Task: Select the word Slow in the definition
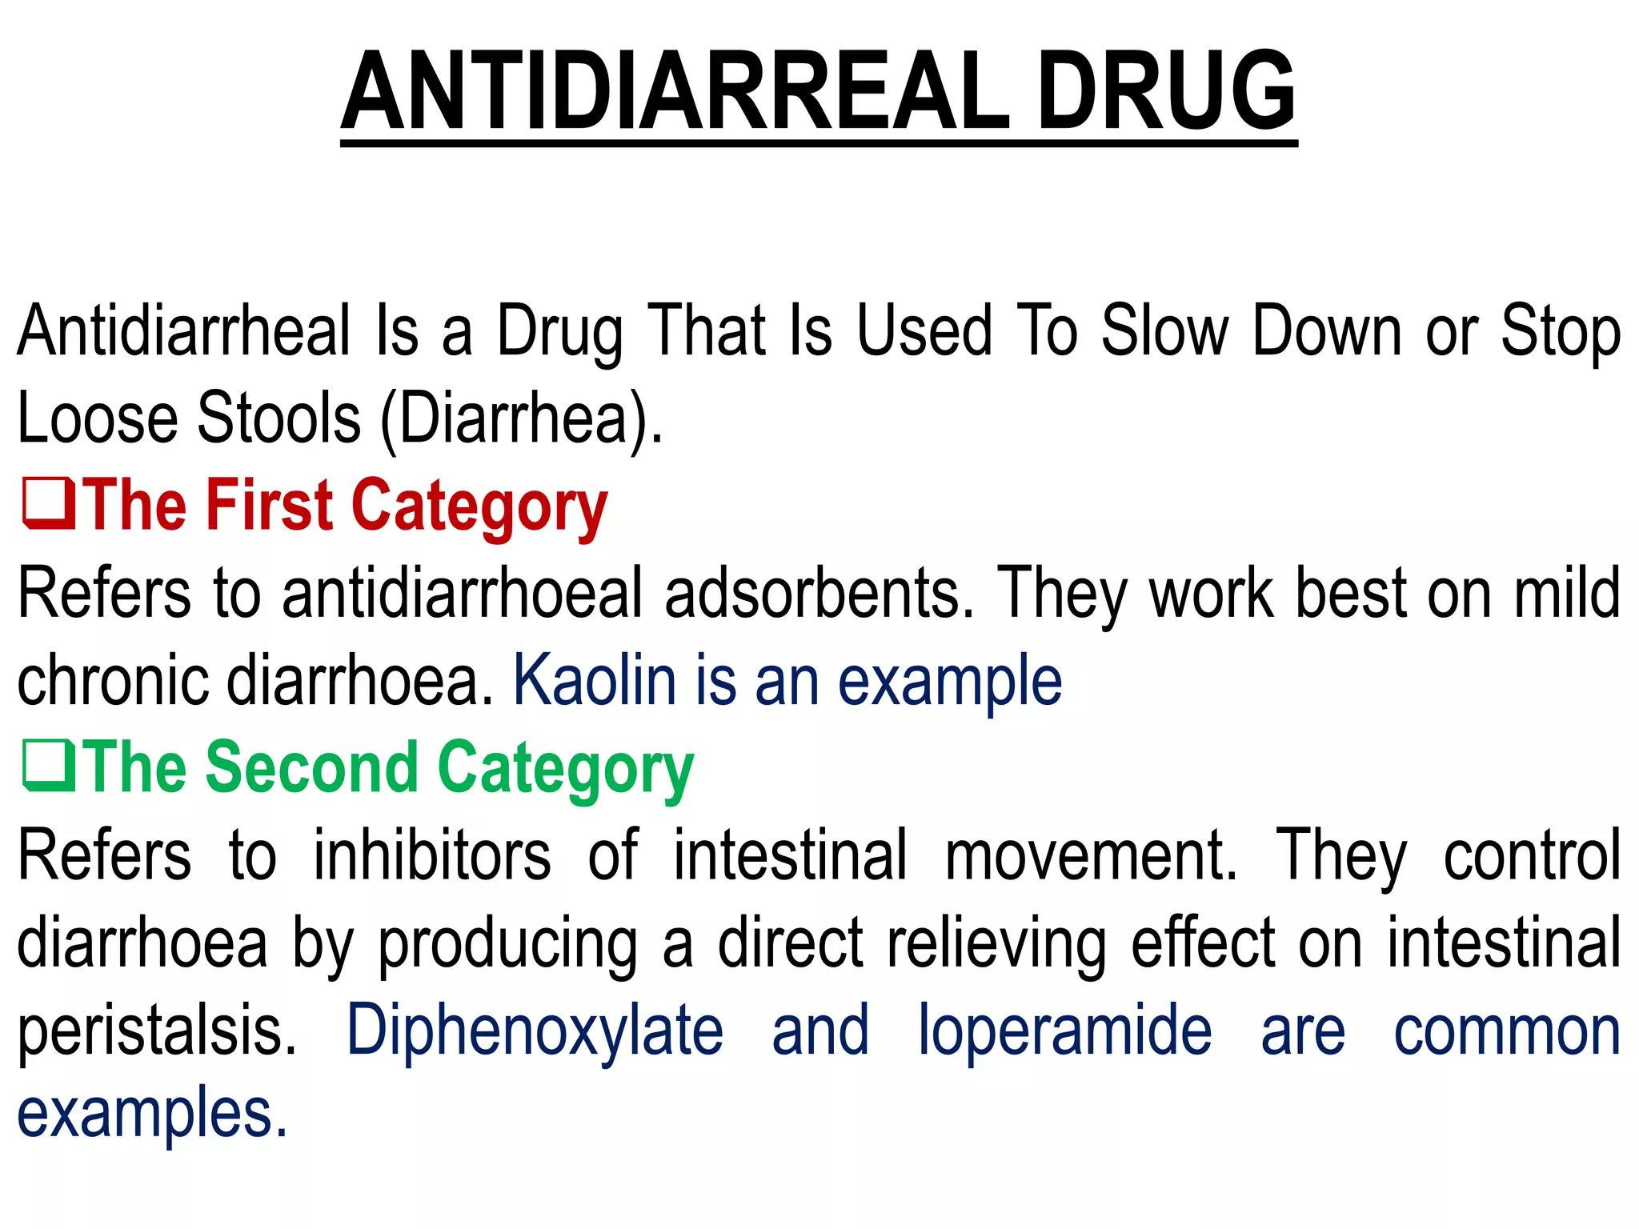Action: [1165, 330]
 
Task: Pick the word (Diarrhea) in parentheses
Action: [522, 419]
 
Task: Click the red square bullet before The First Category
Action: [49, 504]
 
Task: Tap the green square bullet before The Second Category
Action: [49, 767]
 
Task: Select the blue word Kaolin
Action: [595, 680]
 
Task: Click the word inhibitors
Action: [432, 855]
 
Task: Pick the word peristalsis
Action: [157, 1031]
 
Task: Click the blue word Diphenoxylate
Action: [535, 1031]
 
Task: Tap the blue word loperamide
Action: [1064, 1031]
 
